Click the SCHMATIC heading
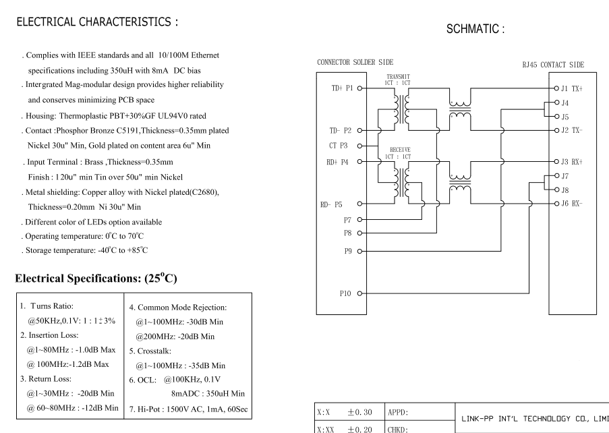[475, 29]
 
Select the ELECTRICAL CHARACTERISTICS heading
[97, 22]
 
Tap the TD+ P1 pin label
[342, 88]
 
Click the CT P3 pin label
[339, 146]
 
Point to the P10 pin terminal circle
[359, 293]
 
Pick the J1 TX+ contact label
[572, 88]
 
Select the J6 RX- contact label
[572, 204]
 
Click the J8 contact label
[565, 190]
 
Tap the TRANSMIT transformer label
[398, 77]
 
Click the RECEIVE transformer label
[400, 150]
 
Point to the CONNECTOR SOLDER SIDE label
[355, 62]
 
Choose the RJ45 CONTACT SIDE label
[553, 65]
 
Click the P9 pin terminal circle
[359, 252]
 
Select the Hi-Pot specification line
[188, 409]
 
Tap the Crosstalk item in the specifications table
[150, 351]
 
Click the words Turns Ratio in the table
[52, 306]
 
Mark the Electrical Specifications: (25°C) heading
[96, 278]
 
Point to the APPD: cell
[398, 412]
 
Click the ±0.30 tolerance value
[359, 412]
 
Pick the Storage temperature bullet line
[85, 250]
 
